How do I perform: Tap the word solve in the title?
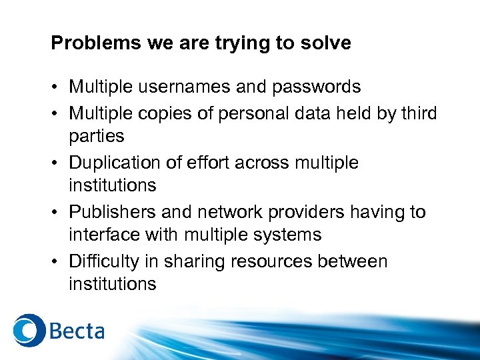327,43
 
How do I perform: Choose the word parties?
97,136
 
